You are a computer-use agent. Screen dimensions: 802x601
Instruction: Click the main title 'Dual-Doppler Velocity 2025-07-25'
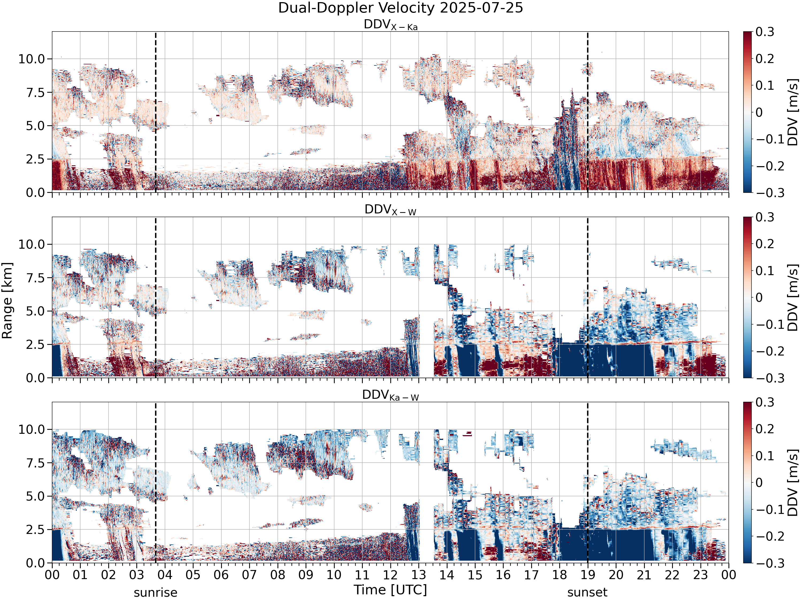point(401,8)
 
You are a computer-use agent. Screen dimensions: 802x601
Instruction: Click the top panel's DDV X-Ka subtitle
point(391,25)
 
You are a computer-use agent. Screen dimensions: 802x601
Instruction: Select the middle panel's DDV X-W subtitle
point(391,210)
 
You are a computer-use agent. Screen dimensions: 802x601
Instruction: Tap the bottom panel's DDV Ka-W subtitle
point(391,395)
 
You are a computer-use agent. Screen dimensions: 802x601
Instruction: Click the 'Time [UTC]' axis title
point(391,590)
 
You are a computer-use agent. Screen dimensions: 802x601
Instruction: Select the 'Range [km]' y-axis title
point(7,300)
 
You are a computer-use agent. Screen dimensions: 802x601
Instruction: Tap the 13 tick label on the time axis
point(419,575)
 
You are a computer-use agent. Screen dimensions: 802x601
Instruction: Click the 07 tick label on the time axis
point(249,575)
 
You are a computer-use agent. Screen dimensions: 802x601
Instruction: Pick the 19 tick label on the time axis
point(588,575)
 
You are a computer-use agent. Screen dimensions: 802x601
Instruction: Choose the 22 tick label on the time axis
point(672,575)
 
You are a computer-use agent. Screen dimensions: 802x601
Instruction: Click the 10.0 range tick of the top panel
point(32,59)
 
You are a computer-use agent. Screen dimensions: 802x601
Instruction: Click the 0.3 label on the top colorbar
point(765,32)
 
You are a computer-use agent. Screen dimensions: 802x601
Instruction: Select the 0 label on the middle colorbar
point(759,297)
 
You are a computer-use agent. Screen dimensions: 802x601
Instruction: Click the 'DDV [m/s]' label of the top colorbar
point(793,112)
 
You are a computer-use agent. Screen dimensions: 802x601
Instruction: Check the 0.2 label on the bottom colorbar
point(765,429)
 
